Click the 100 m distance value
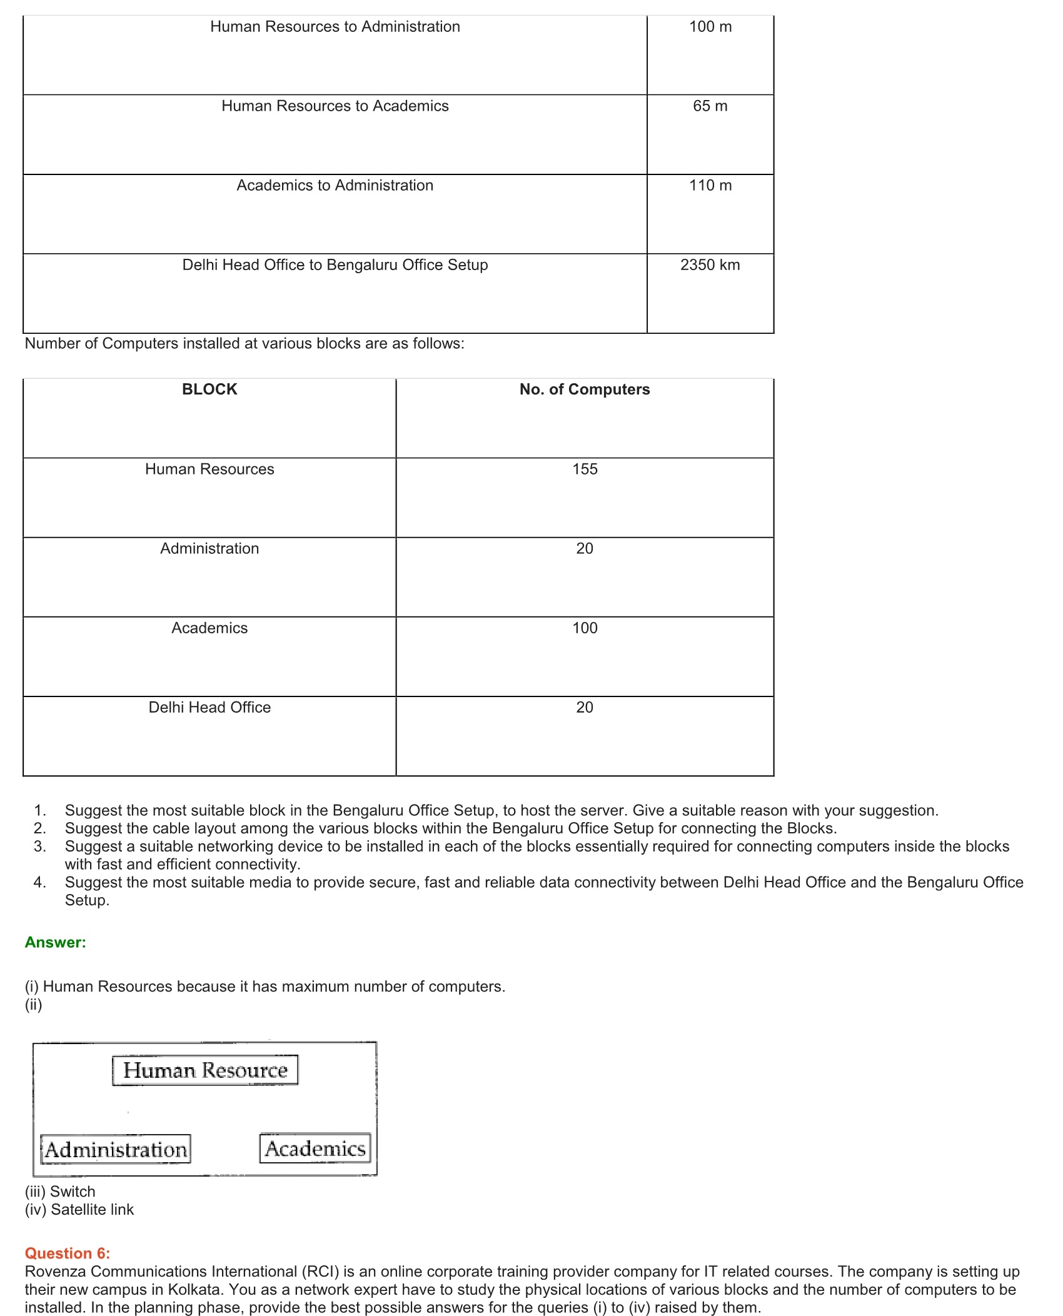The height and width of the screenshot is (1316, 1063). (x=710, y=27)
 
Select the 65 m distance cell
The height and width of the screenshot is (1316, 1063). (x=710, y=106)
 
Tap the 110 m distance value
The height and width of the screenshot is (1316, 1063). (x=710, y=186)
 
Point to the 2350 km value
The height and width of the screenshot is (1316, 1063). (x=710, y=265)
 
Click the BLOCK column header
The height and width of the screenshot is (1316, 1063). (x=209, y=389)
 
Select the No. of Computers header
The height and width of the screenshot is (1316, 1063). (x=585, y=389)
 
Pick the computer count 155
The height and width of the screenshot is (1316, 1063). (x=585, y=469)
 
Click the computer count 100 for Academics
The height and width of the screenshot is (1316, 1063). (x=585, y=628)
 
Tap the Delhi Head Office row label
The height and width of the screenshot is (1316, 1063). (x=209, y=707)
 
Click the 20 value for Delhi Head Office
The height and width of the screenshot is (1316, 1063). (x=585, y=707)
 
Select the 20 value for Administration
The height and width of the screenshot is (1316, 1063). (x=585, y=548)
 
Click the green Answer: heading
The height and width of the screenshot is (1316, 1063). (x=56, y=942)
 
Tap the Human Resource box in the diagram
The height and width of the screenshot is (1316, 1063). (x=205, y=1070)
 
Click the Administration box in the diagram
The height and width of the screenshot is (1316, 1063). (x=116, y=1149)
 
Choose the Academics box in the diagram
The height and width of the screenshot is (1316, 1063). (x=315, y=1148)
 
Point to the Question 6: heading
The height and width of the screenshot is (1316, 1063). (x=68, y=1253)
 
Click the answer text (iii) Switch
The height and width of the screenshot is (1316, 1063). (x=60, y=1191)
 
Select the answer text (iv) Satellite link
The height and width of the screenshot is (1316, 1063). (x=79, y=1209)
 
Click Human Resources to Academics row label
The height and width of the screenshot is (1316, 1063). (x=335, y=106)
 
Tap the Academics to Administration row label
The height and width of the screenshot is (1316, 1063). (x=335, y=186)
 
